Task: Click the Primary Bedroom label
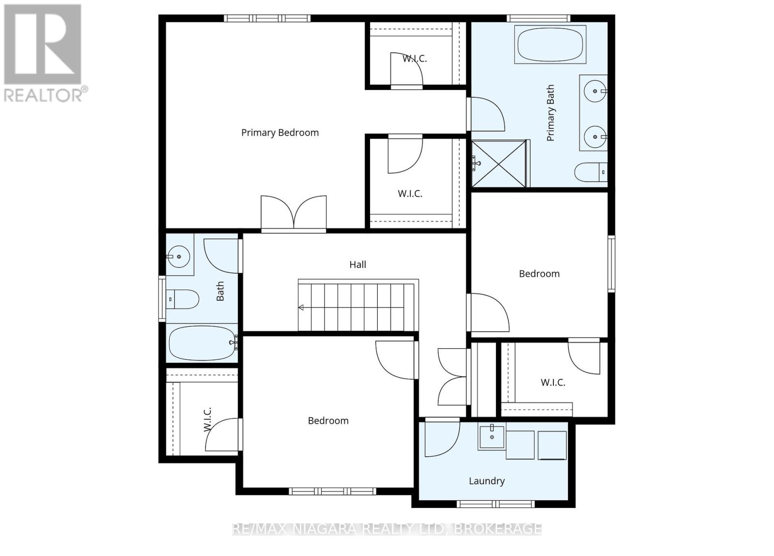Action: [280, 133]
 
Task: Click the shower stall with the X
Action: [498, 164]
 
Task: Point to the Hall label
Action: [357, 264]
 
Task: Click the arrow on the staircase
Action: [301, 307]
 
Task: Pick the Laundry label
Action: [487, 481]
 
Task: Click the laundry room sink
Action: [492, 437]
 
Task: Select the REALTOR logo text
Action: [46, 94]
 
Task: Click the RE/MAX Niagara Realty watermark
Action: [387, 528]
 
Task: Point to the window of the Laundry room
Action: [495, 504]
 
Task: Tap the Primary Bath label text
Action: [551, 113]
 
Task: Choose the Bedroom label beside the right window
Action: [539, 274]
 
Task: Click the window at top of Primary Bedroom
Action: [267, 18]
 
